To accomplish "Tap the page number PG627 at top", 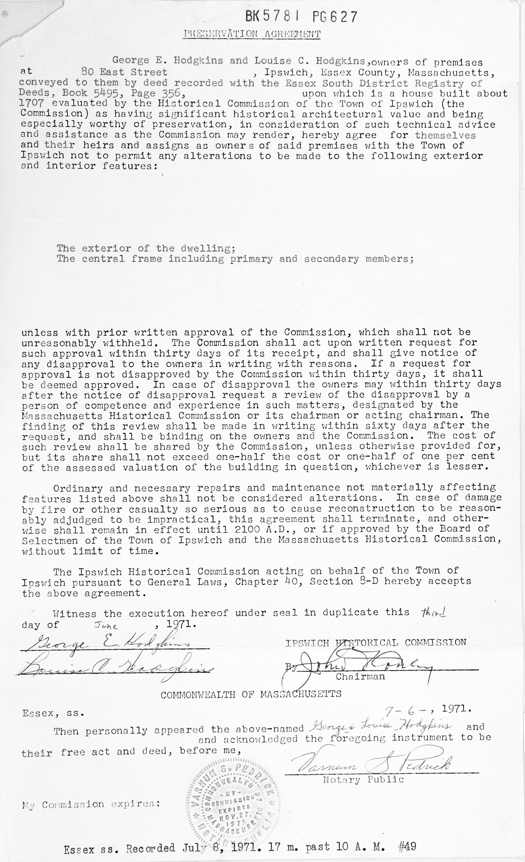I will tap(335, 16).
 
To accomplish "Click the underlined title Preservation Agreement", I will tap(252, 34).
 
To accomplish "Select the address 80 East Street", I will tap(124, 72).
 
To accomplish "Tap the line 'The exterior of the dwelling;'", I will tap(146, 248).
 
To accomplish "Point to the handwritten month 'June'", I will tap(107, 625).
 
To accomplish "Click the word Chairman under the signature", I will tap(360, 676).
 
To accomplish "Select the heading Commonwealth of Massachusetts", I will tap(251, 694).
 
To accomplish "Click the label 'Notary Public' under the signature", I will tap(363, 779).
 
